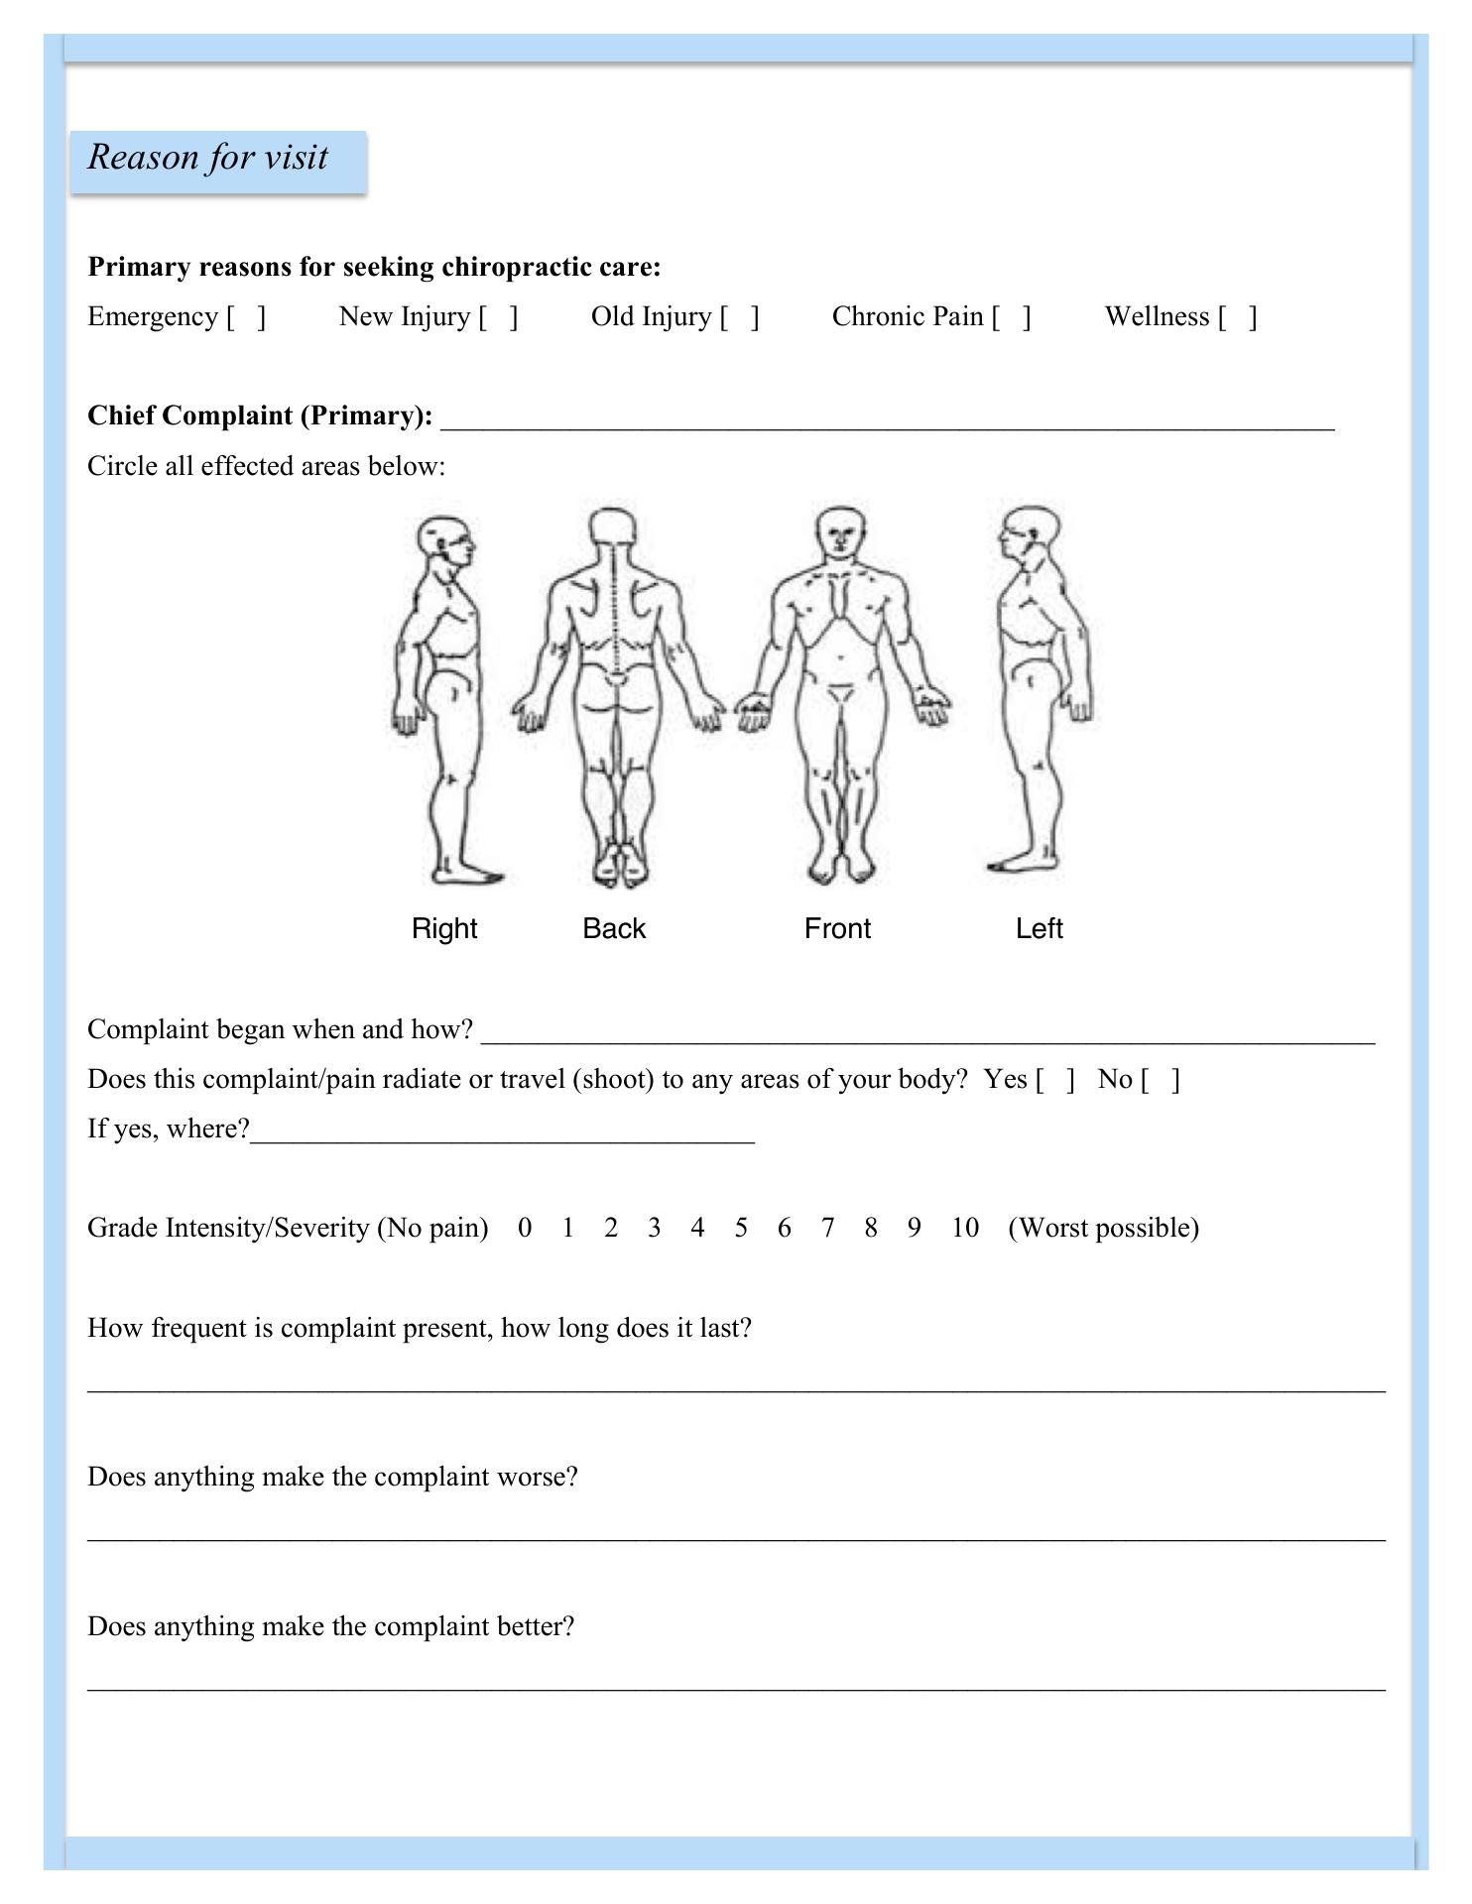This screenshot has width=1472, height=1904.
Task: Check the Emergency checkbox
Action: click(x=246, y=317)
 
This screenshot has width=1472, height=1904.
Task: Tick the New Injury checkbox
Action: click(x=498, y=317)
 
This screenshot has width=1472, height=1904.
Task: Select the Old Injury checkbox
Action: click(x=740, y=317)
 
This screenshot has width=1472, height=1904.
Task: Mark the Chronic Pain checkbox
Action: click(x=1012, y=317)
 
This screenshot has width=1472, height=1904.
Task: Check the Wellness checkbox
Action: click(x=1238, y=317)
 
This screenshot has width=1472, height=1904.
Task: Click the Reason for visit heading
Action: click(x=208, y=158)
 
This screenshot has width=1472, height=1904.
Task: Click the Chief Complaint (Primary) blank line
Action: click(x=887, y=417)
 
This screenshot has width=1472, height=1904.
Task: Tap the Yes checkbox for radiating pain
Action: click(x=1055, y=1079)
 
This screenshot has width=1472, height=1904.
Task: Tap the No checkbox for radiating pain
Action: click(x=1161, y=1079)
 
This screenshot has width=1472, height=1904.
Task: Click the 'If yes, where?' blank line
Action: click(x=502, y=1130)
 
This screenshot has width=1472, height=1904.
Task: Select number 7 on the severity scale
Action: click(x=827, y=1228)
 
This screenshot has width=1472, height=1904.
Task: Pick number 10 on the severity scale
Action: click(x=964, y=1228)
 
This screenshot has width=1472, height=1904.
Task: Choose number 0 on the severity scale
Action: click(x=525, y=1228)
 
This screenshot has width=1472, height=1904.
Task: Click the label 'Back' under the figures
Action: click(x=614, y=928)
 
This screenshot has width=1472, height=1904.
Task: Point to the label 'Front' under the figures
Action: click(x=837, y=928)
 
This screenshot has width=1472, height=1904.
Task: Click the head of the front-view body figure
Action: click(x=841, y=533)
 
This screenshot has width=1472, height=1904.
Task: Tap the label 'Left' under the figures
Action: click(x=1039, y=928)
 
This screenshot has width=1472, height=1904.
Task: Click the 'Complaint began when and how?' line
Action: click(x=927, y=1031)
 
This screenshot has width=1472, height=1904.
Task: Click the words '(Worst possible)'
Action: click(x=1103, y=1228)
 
